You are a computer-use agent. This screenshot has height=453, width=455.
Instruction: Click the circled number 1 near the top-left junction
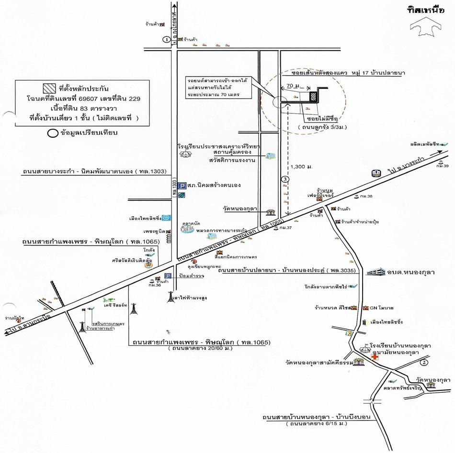tap(166, 39)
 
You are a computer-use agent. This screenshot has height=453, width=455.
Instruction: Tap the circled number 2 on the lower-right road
tap(423, 363)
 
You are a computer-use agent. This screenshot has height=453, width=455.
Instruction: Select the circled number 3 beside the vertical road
tap(285, 179)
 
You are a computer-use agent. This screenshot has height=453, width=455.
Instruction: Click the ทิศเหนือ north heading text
tap(424, 10)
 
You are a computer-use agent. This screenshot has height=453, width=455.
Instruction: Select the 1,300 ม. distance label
tap(302, 166)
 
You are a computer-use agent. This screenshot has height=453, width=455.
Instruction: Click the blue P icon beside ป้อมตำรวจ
tap(168, 276)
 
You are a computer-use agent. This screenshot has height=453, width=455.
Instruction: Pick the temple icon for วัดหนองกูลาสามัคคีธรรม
tap(358, 362)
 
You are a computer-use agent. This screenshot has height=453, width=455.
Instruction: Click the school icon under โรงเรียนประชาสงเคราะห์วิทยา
tap(184, 153)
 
